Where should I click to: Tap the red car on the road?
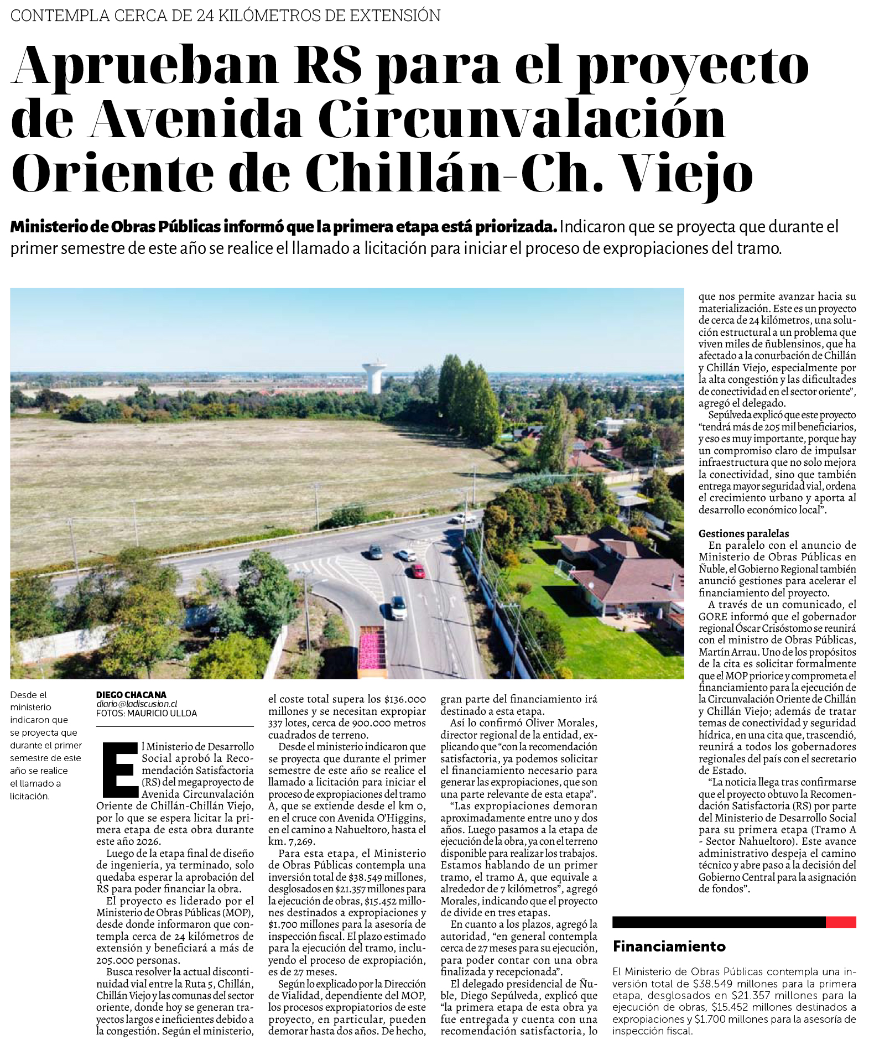[x=418, y=571]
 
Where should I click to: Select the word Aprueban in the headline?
[x=145, y=65]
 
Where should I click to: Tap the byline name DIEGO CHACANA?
[x=131, y=695]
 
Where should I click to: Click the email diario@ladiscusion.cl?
[x=137, y=704]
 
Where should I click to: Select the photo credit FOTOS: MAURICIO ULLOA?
[x=147, y=714]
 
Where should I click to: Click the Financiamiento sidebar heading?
[x=669, y=947]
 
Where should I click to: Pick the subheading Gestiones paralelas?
[x=743, y=533]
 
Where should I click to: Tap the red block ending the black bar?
[x=840, y=922]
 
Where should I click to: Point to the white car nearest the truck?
[x=398, y=608]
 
